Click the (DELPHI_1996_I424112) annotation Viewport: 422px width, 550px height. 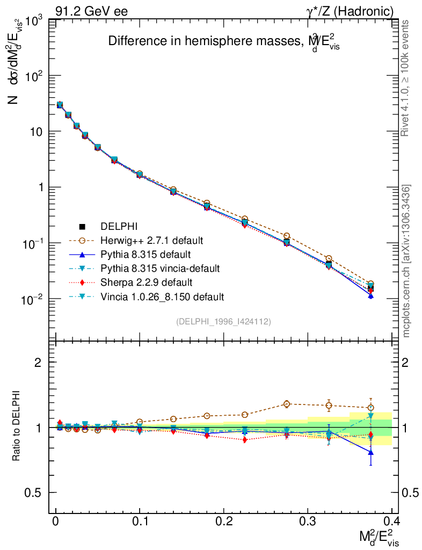click(223, 321)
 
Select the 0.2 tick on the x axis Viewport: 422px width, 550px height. click(223, 522)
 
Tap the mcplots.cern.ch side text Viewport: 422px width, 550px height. click(407, 261)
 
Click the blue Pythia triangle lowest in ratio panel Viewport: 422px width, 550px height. click(370, 452)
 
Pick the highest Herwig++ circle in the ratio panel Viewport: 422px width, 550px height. click(287, 404)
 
